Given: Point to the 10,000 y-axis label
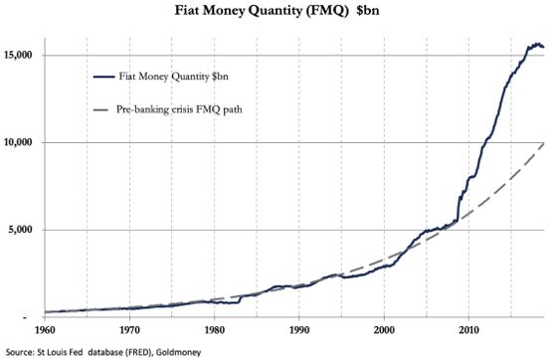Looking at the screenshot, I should coord(20,142).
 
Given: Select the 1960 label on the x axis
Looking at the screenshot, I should coord(44,329).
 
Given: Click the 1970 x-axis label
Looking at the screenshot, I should coord(128,329).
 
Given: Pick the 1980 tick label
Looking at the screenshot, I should coord(214,329).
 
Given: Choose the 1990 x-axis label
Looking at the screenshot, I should coord(299,329).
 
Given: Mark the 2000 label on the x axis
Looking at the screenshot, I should coord(385,329).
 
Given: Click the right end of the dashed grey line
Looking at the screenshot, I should coord(541,144).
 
